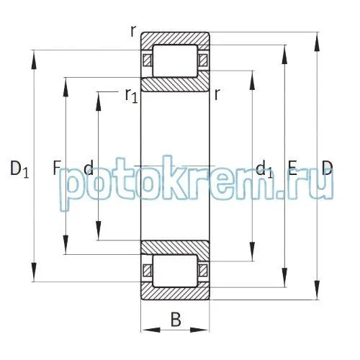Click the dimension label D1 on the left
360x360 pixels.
click(19, 171)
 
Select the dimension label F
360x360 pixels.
click(56, 169)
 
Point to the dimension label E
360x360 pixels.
click(292, 169)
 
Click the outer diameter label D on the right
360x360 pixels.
click(328, 169)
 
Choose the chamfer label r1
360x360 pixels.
click(130, 94)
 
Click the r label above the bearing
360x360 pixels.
click(132, 31)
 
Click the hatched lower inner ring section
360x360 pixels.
click(175, 247)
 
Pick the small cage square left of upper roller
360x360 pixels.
click(148, 60)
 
